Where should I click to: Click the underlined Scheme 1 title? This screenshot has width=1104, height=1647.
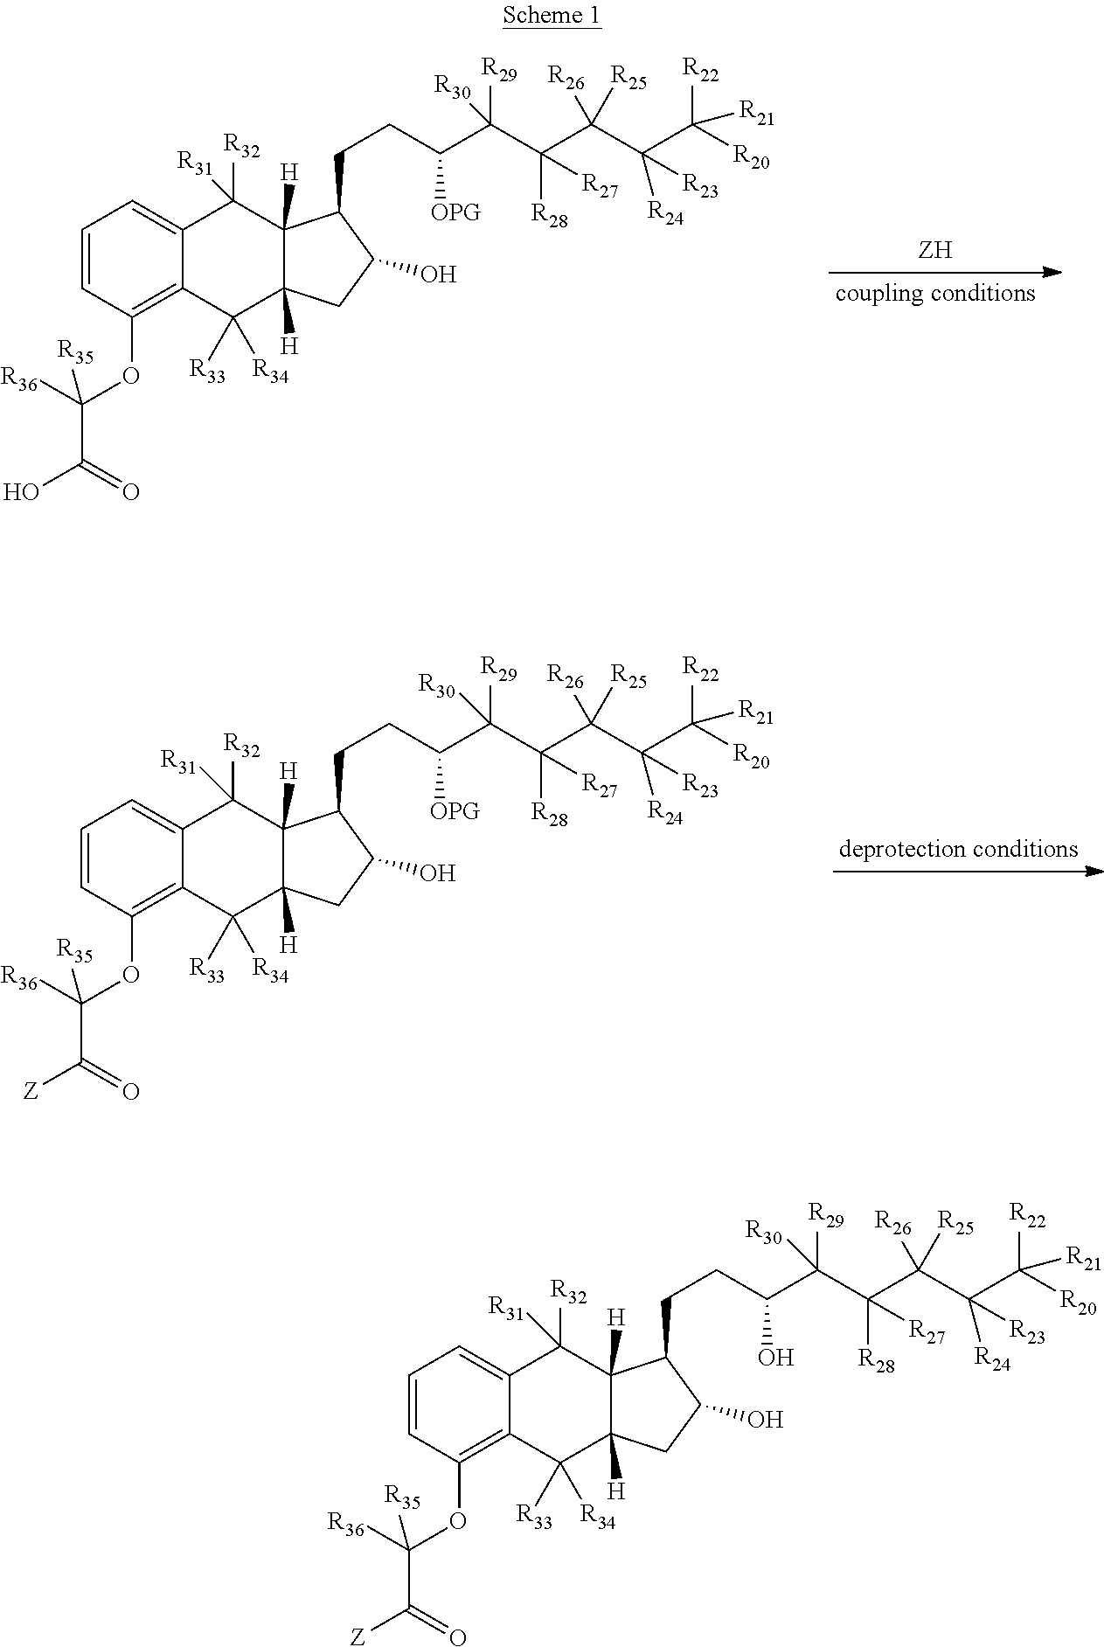pyautogui.click(x=552, y=15)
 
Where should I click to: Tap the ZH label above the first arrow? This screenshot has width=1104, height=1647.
pyautogui.click(x=934, y=252)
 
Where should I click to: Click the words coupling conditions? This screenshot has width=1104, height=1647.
pyautogui.click(x=934, y=293)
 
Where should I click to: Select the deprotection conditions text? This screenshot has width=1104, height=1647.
pyautogui.click(x=958, y=849)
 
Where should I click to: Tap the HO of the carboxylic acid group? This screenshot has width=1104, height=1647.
pyautogui.click(x=20, y=492)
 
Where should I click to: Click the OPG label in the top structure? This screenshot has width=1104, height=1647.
pyautogui.click(x=455, y=212)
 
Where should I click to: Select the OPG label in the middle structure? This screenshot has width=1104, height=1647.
pyautogui.click(x=455, y=810)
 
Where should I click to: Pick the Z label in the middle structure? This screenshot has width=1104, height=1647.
pyautogui.click(x=30, y=1092)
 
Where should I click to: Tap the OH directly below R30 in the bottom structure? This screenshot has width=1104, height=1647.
pyautogui.click(x=775, y=1357)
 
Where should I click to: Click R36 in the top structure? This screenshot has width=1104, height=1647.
pyautogui.click(x=19, y=379)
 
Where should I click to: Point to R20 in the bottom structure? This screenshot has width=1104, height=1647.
pyautogui.click(x=1079, y=1303)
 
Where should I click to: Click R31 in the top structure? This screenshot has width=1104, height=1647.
pyautogui.click(x=196, y=161)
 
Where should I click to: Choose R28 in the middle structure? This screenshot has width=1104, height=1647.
pyautogui.click(x=550, y=814)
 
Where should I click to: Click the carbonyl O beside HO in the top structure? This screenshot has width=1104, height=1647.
pyautogui.click(x=131, y=492)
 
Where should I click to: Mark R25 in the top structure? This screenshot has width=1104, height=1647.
pyautogui.click(x=628, y=77)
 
